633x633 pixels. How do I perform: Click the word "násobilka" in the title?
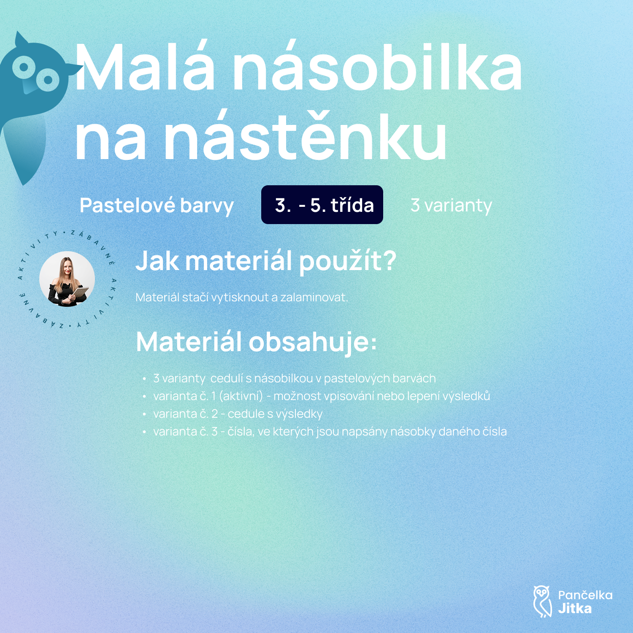pos(378,67)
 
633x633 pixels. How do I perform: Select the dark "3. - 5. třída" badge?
pos(322,205)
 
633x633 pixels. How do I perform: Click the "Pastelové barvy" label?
pos(157,206)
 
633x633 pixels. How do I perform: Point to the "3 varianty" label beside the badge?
pos(451,206)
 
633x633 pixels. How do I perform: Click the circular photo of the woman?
pos(67,279)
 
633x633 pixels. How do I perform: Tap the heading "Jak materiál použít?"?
pos(266,261)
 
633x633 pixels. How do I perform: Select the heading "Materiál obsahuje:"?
pos(256,341)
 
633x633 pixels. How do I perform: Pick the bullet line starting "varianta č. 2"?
pos(238,414)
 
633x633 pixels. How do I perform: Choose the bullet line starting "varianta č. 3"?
pos(330,432)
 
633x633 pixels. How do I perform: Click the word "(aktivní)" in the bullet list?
pos(241,396)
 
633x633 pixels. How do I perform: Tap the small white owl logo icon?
pos(542,601)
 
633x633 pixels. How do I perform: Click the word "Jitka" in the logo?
pos(575,609)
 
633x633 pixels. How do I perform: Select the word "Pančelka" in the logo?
pos(585,595)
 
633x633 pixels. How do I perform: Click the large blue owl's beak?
pos(29,87)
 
